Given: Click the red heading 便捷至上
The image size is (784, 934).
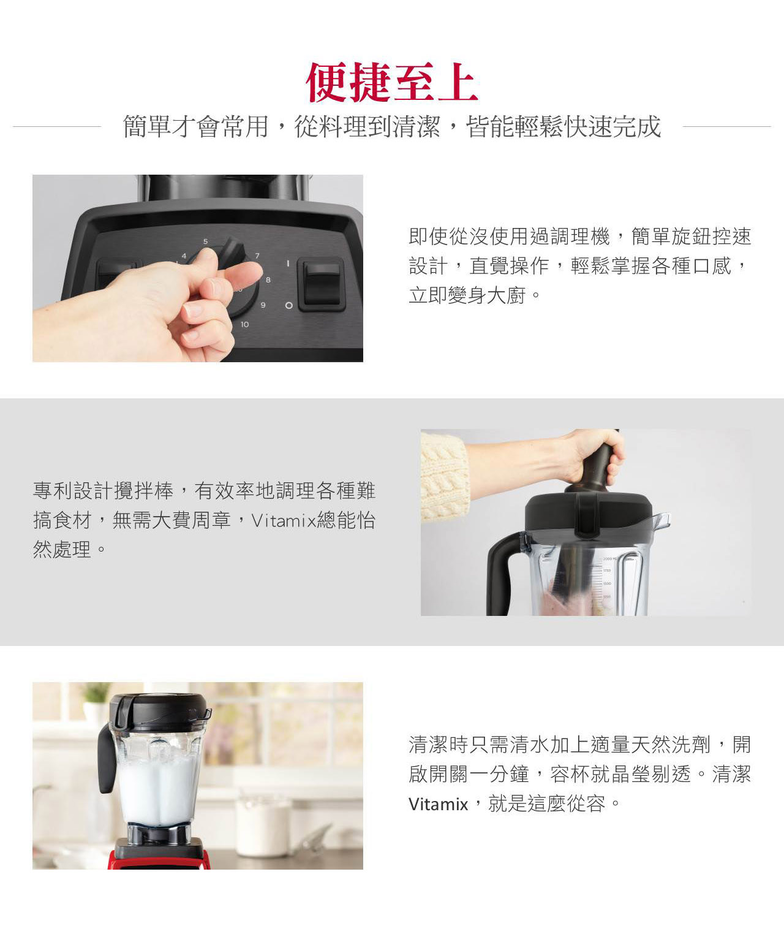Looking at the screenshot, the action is [x=392, y=82].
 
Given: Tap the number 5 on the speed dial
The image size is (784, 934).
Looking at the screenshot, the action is [x=206, y=241].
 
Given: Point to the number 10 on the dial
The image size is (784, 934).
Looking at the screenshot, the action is [x=244, y=324].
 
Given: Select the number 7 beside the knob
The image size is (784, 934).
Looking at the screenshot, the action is [x=257, y=256].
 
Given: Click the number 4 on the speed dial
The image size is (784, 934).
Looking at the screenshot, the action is [x=183, y=256].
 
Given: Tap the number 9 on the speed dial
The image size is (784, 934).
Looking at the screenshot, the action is [x=263, y=305].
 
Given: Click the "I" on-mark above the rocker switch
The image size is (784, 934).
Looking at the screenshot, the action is [x=288, y=264].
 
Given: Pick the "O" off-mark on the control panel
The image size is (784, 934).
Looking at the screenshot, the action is [x=288, y=306].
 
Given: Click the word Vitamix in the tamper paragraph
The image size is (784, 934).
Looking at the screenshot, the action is [x=282, y=521].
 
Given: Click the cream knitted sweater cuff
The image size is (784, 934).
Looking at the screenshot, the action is [x=444, y=477].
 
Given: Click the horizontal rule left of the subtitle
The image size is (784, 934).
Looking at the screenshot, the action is [x=57, y=127].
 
